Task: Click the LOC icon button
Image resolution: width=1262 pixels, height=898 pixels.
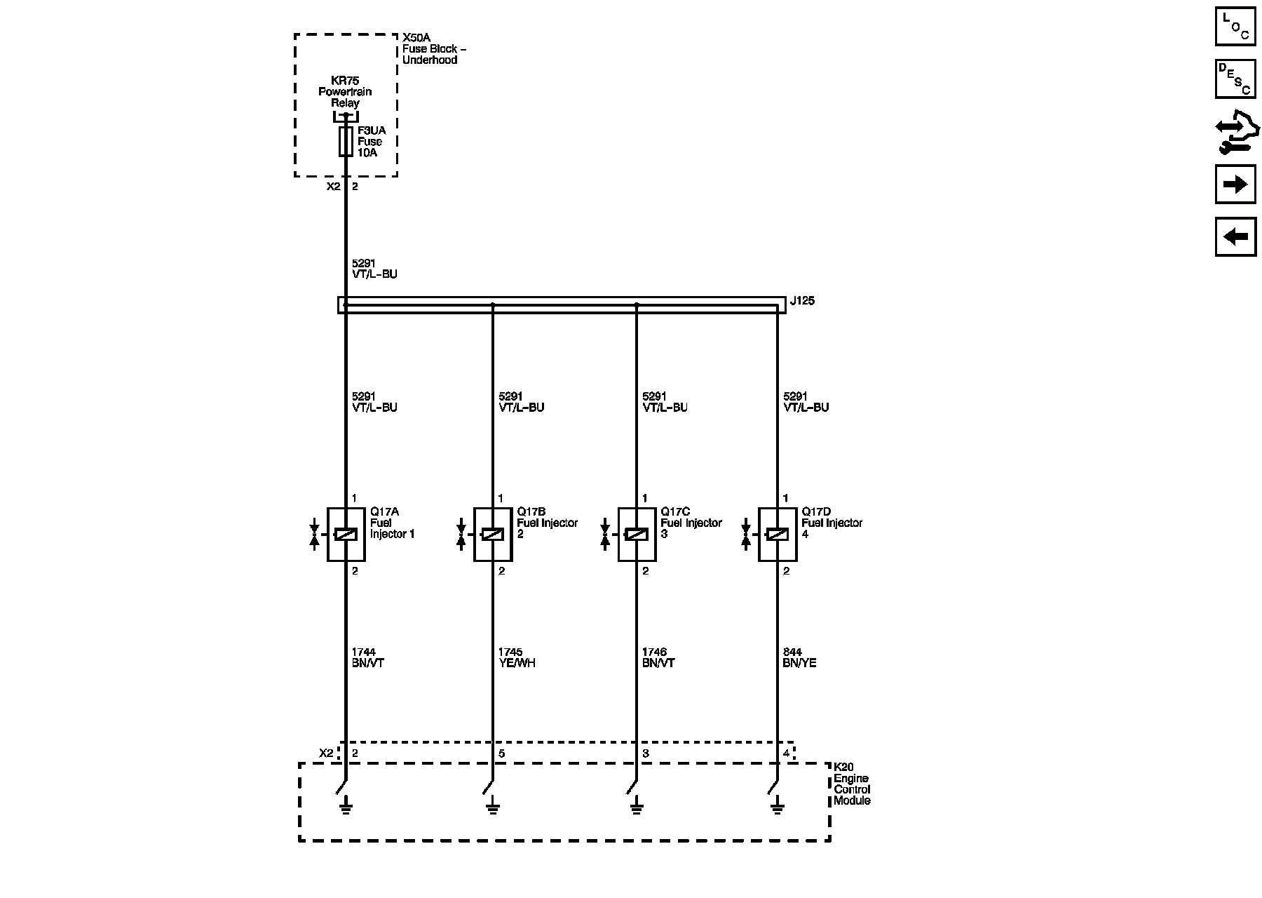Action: click(x=1235, y=27)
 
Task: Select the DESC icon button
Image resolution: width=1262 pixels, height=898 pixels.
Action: click(x=1235, y=79)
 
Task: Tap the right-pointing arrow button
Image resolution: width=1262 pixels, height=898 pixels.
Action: click(x=1235, y=185)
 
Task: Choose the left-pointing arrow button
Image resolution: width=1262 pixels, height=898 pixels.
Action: click(x=1235, y=236)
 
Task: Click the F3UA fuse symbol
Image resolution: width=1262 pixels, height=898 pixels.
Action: click(x=346, y=142)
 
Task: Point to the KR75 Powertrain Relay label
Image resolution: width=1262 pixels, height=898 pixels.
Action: click(x=345, y=92)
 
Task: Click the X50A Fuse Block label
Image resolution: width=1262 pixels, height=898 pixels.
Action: click(x=434, y=49)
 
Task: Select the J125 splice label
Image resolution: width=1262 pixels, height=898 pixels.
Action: click(x=802, y=302)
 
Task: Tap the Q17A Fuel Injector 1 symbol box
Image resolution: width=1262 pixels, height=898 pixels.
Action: click(x=346, y=535)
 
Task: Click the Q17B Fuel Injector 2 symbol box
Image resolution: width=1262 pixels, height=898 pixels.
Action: click(x=493, y=535)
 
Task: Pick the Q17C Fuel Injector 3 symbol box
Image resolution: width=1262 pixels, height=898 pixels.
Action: click(x=637, y=535)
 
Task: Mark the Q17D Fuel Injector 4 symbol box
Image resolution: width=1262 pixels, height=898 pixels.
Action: click(x=777, y=535)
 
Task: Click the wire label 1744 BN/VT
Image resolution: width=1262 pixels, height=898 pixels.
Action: click(x=368, y=658)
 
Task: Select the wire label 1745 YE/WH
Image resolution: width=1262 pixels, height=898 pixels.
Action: click(x=517, y=658)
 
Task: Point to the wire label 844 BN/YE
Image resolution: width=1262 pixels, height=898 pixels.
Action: click(x=799, y=658)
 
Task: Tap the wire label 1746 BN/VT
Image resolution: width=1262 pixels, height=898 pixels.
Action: click(x=658, y=658)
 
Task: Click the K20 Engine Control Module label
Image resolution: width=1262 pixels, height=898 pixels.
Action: click(x=852, y=784)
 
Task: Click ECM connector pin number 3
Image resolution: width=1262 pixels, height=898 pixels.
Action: click(x=646, y=754)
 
